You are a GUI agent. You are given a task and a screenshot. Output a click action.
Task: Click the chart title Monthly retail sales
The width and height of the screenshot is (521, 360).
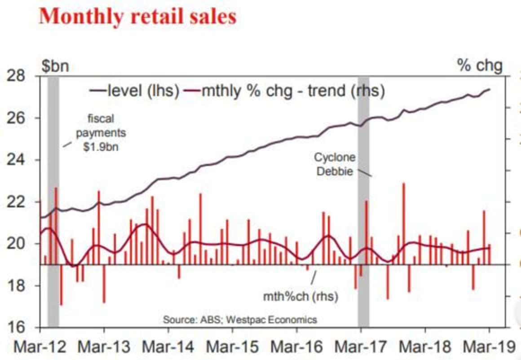[x=137, y=17]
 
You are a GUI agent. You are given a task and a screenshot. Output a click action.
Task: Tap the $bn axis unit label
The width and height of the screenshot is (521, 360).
[x=55, y=66]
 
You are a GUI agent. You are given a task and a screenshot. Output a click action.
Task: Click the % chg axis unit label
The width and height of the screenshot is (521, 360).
[x=480, y=66]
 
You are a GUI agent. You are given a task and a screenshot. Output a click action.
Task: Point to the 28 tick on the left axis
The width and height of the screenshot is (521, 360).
[x=17, y=76]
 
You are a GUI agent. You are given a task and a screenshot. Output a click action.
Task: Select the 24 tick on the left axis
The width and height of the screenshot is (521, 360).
[x=17, y=160]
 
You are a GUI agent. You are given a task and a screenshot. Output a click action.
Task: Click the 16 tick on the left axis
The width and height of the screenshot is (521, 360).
[x=17, y=327]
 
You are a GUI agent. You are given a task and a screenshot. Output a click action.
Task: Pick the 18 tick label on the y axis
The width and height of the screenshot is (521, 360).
[x=17, y=285]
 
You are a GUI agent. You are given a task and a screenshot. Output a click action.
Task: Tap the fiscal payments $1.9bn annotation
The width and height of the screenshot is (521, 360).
[x=101, y=133]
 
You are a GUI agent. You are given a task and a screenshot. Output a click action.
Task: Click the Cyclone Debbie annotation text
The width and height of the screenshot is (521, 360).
[x=335, y=164]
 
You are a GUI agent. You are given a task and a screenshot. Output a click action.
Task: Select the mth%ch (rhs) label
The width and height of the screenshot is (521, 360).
[x=300, y=297]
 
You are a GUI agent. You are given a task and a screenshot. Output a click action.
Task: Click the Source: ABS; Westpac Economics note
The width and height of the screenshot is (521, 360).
[x=240, y=320]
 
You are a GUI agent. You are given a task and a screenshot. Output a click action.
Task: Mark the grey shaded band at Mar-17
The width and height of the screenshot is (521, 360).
[x=363, y=202]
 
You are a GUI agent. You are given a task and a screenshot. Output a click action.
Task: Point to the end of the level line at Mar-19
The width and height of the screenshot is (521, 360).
[x=489, y=89]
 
